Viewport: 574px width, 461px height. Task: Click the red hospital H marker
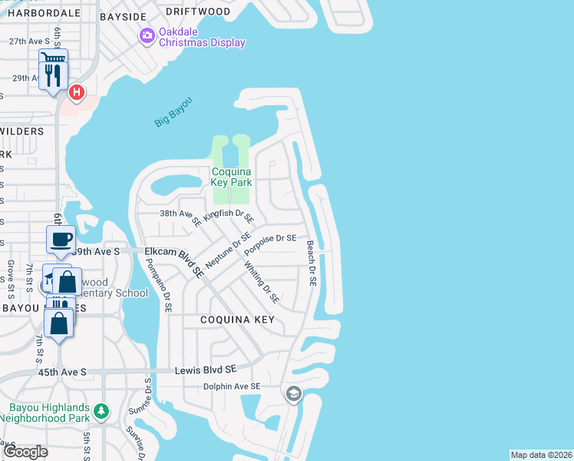pos(76,93)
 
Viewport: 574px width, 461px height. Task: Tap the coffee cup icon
pos(61,238)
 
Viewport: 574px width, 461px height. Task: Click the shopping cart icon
pos(54,59)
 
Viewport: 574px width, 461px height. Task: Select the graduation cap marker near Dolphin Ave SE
pos(292,395)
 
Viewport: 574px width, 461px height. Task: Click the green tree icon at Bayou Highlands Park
pos(101,412)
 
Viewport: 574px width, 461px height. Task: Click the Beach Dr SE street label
pos(311,264)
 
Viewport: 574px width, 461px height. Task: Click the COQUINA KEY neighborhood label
pos(237,319)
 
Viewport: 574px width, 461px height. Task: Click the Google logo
pos(25,452)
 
